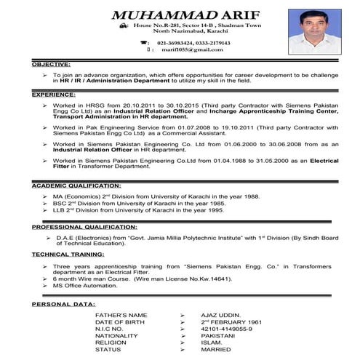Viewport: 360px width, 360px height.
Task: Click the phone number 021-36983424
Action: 165,43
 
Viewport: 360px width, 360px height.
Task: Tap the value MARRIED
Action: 215,350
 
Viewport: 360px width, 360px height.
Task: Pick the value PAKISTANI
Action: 219,335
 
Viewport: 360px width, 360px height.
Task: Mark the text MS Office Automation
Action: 84,287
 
